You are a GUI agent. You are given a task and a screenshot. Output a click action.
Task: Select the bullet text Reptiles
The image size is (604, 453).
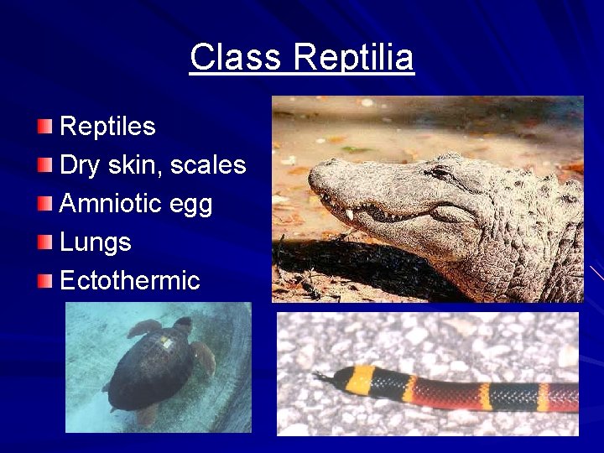pos(107,127)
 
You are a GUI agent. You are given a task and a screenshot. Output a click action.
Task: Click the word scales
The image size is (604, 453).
pos(208,165)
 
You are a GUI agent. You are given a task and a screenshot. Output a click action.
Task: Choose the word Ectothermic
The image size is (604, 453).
pos(130,280)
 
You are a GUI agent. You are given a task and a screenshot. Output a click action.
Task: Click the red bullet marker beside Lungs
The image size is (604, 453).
pos(45,242)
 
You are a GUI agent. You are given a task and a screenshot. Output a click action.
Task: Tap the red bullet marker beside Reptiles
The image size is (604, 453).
pos(45,127)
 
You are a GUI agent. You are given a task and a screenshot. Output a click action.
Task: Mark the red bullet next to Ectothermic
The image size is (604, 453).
pos(45,280)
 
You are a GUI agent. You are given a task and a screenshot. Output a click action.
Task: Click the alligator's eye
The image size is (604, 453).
pos(440,174)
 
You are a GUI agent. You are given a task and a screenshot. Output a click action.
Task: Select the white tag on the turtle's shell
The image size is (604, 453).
pos(166,342)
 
